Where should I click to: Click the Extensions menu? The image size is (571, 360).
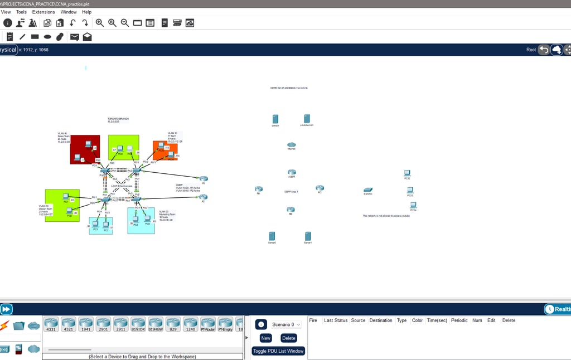click(x=43, y=12)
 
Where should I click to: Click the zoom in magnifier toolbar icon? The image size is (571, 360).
click(x=100, y=23)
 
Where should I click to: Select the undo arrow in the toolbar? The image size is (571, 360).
click(x=73, y=23)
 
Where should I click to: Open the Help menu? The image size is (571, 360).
click(x=86, y=12)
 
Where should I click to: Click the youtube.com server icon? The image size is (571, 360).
click(x=307, y=119)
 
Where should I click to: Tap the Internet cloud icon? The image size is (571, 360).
click(x=291, y=145)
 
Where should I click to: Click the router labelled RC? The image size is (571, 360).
click(x=320, y=188)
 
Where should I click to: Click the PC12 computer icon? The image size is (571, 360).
click(x=407, y=173)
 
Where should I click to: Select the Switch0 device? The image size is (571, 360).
click(x=367, y=190)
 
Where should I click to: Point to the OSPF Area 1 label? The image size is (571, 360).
click(x=291, y=192)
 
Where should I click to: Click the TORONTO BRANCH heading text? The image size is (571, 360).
click(x=118, y=119)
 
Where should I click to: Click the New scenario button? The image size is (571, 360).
click(x=265, y=338)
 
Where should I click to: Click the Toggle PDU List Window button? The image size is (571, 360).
click(x=278, y=351)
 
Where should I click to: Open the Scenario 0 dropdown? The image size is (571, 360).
click(x=286, y=324)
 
